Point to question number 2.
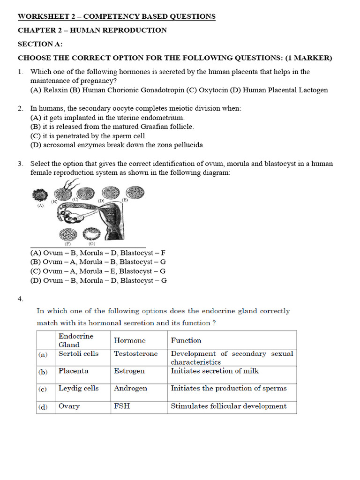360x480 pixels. pyautogui.click(x=21, y=108)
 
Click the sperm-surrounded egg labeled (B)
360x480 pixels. pyautogui.click(x=63, y=193)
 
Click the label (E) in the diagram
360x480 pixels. pyautogui.click(x=125, y=200)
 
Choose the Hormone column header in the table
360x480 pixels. pyautogui.click(x=130, y=340)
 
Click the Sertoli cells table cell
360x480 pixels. pyautogui.click(x=78, y=354)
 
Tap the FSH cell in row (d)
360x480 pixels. pyautogui.click(x=122, y=406)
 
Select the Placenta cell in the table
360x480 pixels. pyautogui.click(x=73, y=371)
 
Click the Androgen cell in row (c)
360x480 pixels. pyautogui.click(x=130, y=388)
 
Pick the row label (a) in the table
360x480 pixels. pyautogui.click(x=43, y=355)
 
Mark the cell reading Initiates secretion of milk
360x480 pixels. pyautogui.click(x=215, y=371)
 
